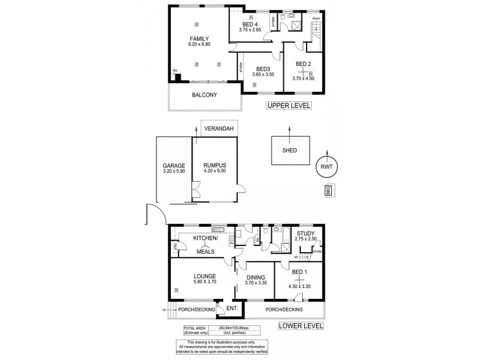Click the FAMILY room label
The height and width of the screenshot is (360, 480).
point(199,38)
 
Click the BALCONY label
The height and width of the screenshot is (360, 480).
point(204,95)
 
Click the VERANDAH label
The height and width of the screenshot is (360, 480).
point(218,128)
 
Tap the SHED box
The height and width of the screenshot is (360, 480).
point(290,151)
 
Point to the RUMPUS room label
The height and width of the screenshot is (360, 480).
point(214,166)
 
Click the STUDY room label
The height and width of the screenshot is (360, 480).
point(305,234)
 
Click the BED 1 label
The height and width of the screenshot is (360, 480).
point(299,272)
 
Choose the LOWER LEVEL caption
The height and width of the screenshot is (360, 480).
point(300,326)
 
